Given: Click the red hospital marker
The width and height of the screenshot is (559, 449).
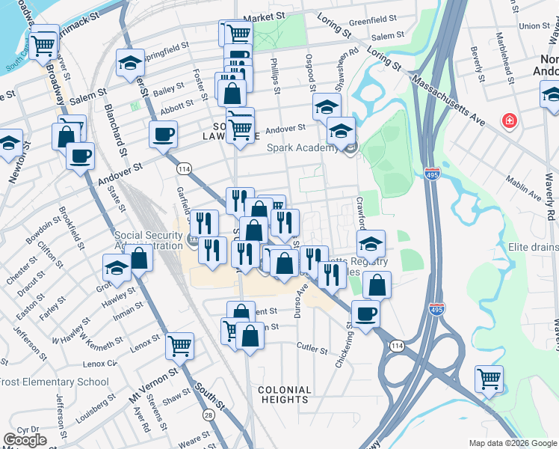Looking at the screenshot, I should point(510,120).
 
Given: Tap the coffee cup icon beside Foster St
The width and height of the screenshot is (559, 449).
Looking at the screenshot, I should point(163,135).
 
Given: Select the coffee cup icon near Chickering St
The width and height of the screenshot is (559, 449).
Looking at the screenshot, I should point(365,314).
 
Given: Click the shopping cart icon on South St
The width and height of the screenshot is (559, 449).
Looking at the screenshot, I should point(180,345).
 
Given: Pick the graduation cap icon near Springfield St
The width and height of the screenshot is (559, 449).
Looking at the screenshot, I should point(130,63).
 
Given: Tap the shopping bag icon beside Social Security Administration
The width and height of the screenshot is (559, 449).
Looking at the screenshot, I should point(139,258).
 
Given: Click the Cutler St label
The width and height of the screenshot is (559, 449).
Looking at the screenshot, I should point(312,349).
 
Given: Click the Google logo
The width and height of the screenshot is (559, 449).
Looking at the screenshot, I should point(25,439).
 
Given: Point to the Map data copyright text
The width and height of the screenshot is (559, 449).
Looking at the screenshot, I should point(512,443).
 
